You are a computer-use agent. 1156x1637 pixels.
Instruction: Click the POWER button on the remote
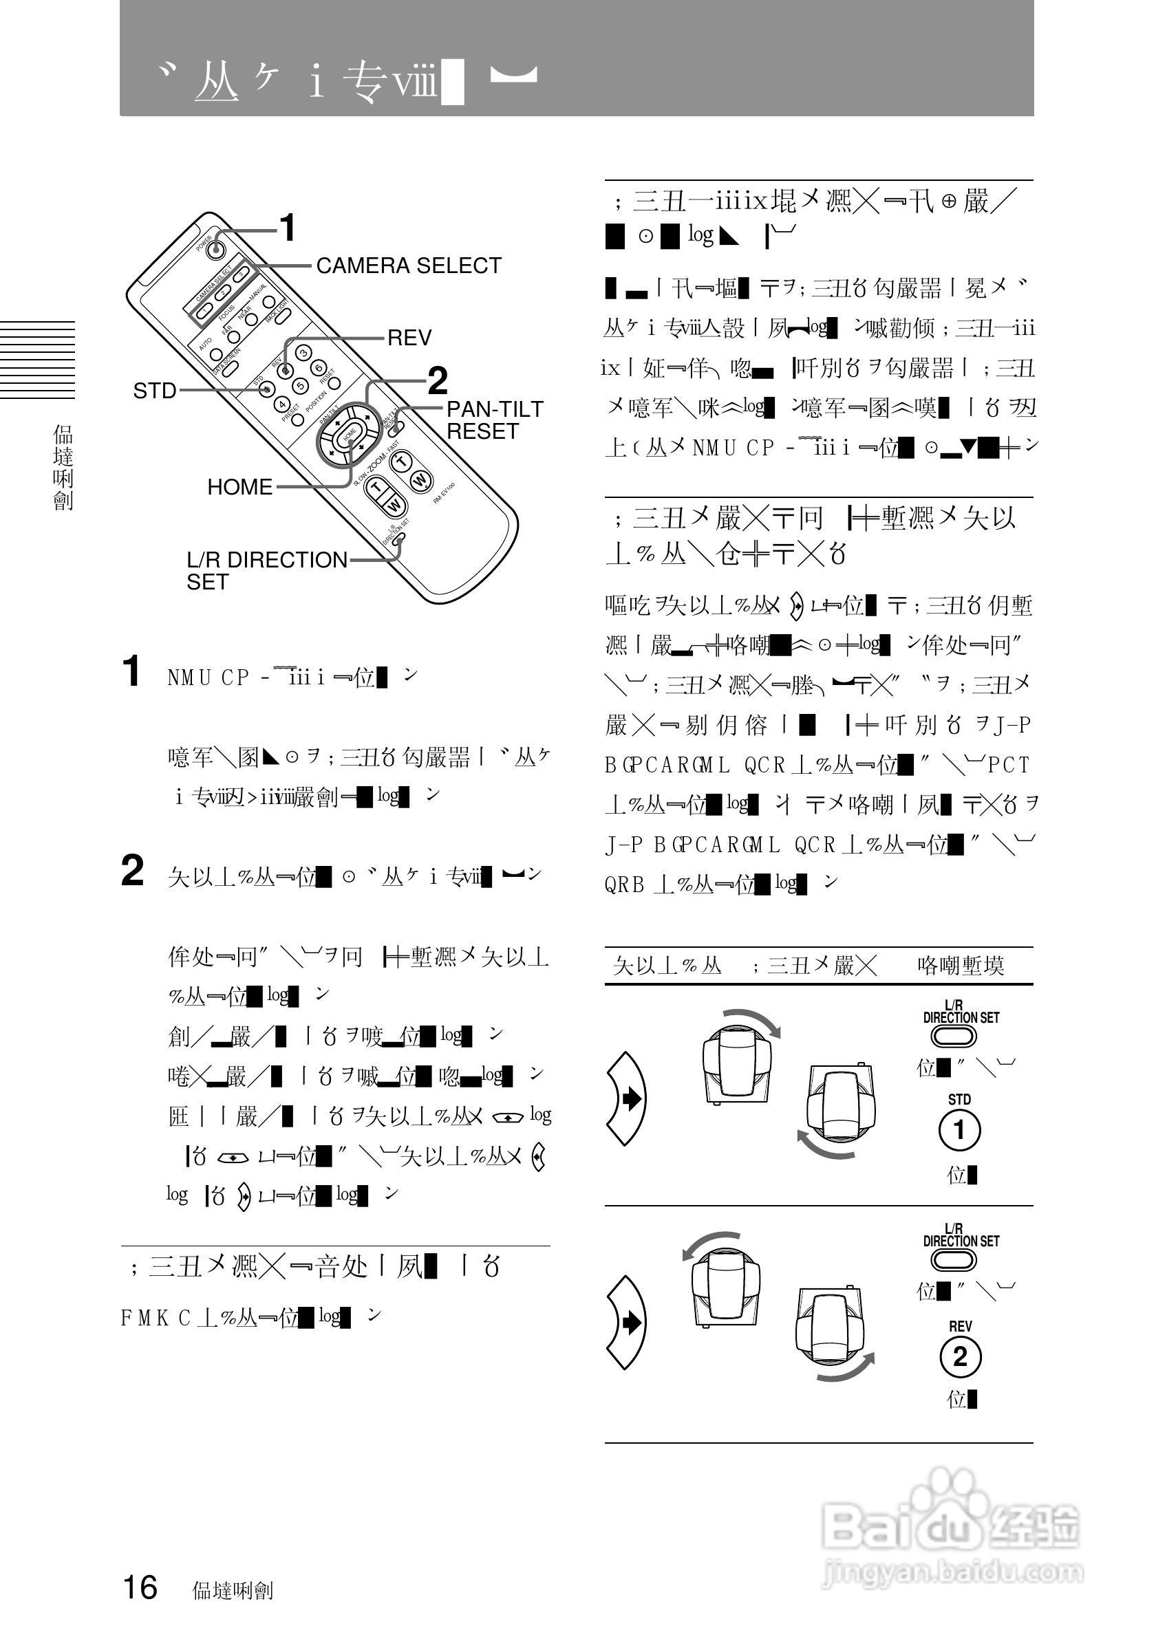click(213, 249)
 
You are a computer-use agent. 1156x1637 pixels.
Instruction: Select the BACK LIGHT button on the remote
click(269, 301)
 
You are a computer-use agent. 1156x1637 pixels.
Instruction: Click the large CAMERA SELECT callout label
click(409, 266)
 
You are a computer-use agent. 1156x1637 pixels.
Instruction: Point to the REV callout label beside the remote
click(409, 338)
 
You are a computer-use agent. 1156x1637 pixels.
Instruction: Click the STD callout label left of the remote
click(155, 391)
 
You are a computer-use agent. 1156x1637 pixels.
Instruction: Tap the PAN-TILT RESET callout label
click(494, 420)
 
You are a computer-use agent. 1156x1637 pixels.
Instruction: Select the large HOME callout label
click(239, 487)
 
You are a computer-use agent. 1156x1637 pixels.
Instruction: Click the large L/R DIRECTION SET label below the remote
click(266, 570)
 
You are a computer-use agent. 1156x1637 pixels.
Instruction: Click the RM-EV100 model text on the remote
click(445, 493)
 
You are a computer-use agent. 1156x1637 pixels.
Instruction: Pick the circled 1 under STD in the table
click(959, 1131)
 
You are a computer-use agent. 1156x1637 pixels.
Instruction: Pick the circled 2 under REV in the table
click(960, 1356)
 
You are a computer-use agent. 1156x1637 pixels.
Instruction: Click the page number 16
click(140, 1587)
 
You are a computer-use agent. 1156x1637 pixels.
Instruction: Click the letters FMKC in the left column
click(156, 1319)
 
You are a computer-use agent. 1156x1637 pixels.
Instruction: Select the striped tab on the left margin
click(37, 359)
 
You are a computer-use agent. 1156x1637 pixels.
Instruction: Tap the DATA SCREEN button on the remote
click(217, 354)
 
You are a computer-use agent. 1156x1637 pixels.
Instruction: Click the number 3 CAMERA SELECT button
click(241, 273)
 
